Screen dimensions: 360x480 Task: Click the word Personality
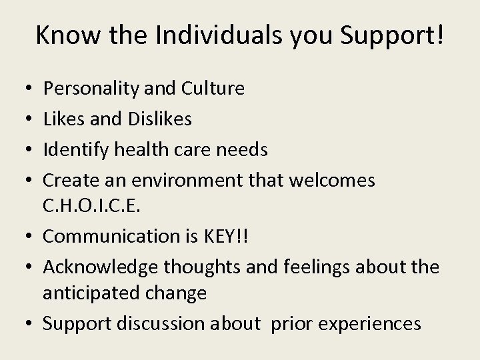88,89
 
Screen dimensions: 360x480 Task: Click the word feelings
311,267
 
